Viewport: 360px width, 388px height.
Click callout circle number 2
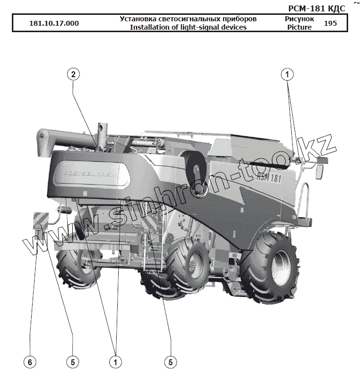73,75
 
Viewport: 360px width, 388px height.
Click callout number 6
30,362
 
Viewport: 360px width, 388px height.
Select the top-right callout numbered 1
287,75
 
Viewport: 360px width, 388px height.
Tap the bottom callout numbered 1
116,362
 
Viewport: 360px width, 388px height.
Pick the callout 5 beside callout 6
72,362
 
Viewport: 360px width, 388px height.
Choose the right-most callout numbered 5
171,362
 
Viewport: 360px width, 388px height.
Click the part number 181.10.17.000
54,23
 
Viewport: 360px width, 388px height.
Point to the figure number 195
331,23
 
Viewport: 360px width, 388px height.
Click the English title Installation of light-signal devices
188,27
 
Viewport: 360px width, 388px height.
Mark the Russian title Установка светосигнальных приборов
188,19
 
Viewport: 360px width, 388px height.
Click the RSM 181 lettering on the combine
270,179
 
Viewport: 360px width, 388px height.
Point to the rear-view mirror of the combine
319,172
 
